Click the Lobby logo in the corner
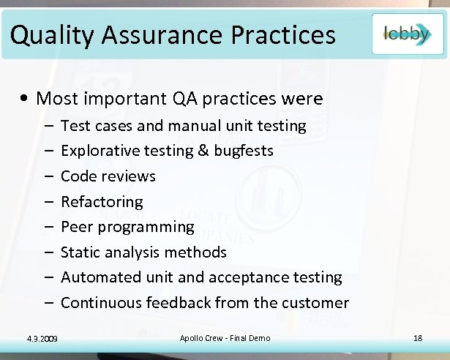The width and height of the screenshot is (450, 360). coord(407,34)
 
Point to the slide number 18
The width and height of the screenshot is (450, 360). coord(418,337)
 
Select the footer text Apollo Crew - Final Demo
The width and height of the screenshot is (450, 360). coord(225,337)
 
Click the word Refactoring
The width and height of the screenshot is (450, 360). coord(102,201)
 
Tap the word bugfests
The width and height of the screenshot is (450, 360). coord(244,151)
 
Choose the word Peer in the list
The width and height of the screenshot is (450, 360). coord(76,227)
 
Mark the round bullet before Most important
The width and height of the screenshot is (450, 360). coord(26,99)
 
